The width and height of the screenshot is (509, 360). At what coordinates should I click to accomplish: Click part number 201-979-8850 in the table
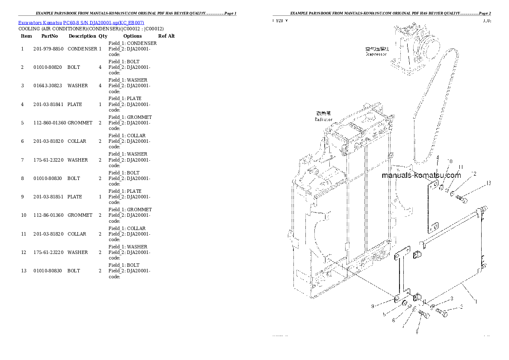(x=48, y=49)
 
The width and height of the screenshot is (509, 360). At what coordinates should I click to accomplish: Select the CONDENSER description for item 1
(x=83, y=49)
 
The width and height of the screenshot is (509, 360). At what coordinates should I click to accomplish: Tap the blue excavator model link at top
(x=81, y=22)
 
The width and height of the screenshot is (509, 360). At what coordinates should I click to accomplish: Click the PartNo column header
(x=50, y=36)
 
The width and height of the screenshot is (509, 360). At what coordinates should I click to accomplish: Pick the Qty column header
(x=103, y=36)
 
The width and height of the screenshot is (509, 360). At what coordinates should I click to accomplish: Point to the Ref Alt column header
(x=166, y=36)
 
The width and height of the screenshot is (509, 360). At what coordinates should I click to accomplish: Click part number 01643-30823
(x=48, y=86)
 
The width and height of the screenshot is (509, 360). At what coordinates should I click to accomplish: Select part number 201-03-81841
(x=48, y=104)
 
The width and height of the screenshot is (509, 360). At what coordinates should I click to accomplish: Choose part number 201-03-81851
(x=48, y=197)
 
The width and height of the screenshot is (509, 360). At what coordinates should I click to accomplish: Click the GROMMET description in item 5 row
(x=80, y=123)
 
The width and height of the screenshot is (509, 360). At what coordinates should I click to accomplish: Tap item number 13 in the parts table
(x=24, y=271)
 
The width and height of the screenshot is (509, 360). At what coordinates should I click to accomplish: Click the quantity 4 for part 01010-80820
(x=100, y=67)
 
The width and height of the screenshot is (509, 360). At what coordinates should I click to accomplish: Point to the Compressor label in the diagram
(x=376, y=54)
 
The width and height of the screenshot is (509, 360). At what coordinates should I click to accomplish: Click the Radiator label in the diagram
(x=324, y=119)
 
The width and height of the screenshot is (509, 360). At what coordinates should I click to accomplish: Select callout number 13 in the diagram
(x=488, y=183)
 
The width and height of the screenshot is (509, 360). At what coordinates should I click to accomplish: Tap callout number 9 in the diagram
(x=373, y=306)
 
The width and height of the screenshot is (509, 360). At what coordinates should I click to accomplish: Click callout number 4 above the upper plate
(x=438, y=158)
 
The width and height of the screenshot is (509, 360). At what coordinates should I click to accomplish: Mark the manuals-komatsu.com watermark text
(x=421, y=175)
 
